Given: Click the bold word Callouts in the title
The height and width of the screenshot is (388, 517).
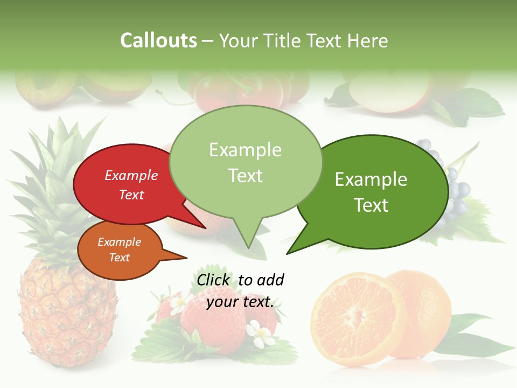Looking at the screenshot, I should [158, 41].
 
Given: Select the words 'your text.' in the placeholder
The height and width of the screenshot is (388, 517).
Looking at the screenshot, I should [240, 302].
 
